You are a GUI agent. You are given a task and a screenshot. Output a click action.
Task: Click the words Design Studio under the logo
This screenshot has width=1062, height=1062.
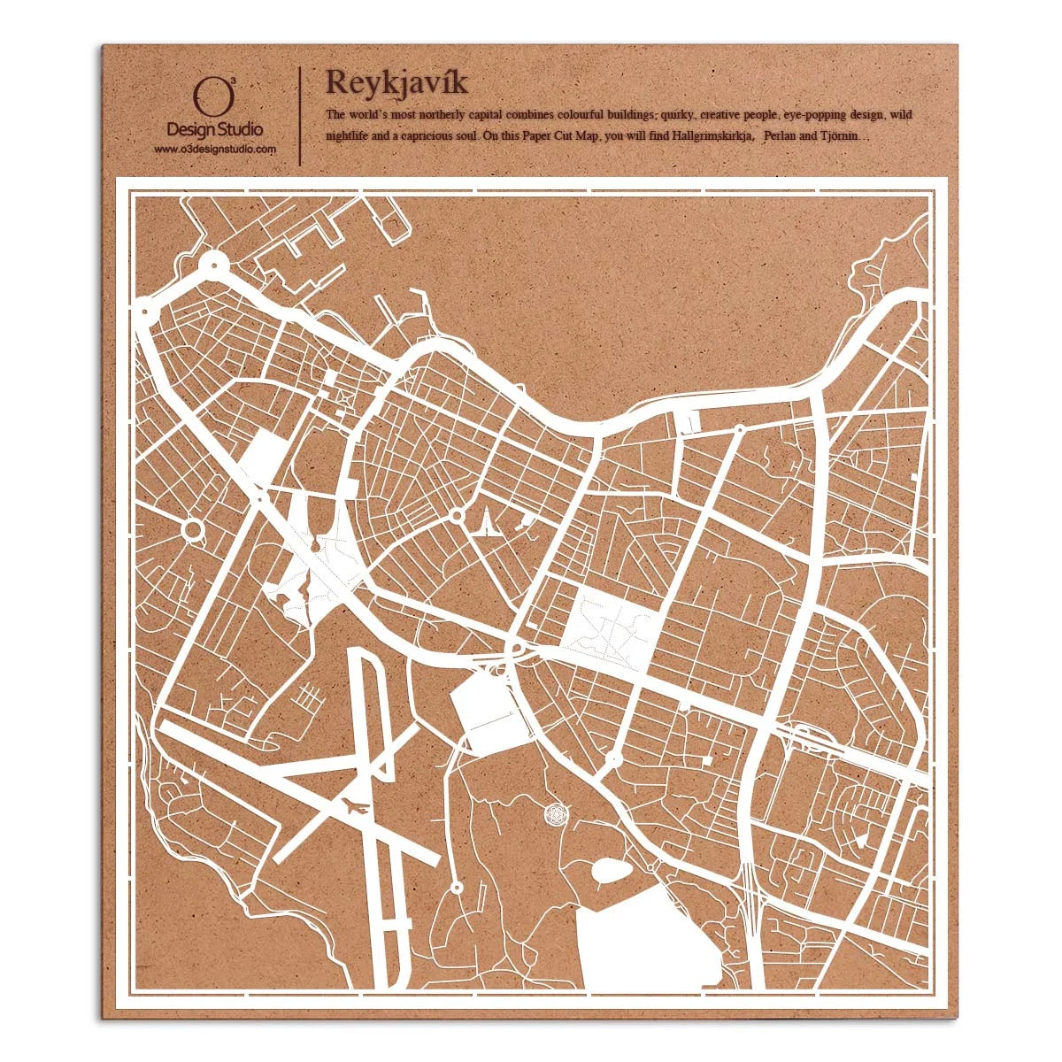click(x=214, y=130)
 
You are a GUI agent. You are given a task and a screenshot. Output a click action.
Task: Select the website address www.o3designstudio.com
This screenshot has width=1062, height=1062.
click(x=215, y=150)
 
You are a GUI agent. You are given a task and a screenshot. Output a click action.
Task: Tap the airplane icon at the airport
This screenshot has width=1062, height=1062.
click(x=354, y=806)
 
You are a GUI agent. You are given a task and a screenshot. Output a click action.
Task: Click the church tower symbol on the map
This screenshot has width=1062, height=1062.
click(x=486, y=526)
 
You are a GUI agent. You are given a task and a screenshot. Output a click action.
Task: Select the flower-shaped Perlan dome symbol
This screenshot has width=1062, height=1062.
click(x=556, y=812)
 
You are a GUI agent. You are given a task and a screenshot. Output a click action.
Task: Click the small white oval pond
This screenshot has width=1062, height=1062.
click(x=611, y=872)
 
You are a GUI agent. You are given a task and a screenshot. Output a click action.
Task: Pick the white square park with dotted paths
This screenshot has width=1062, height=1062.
click(x=610, y=629)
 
